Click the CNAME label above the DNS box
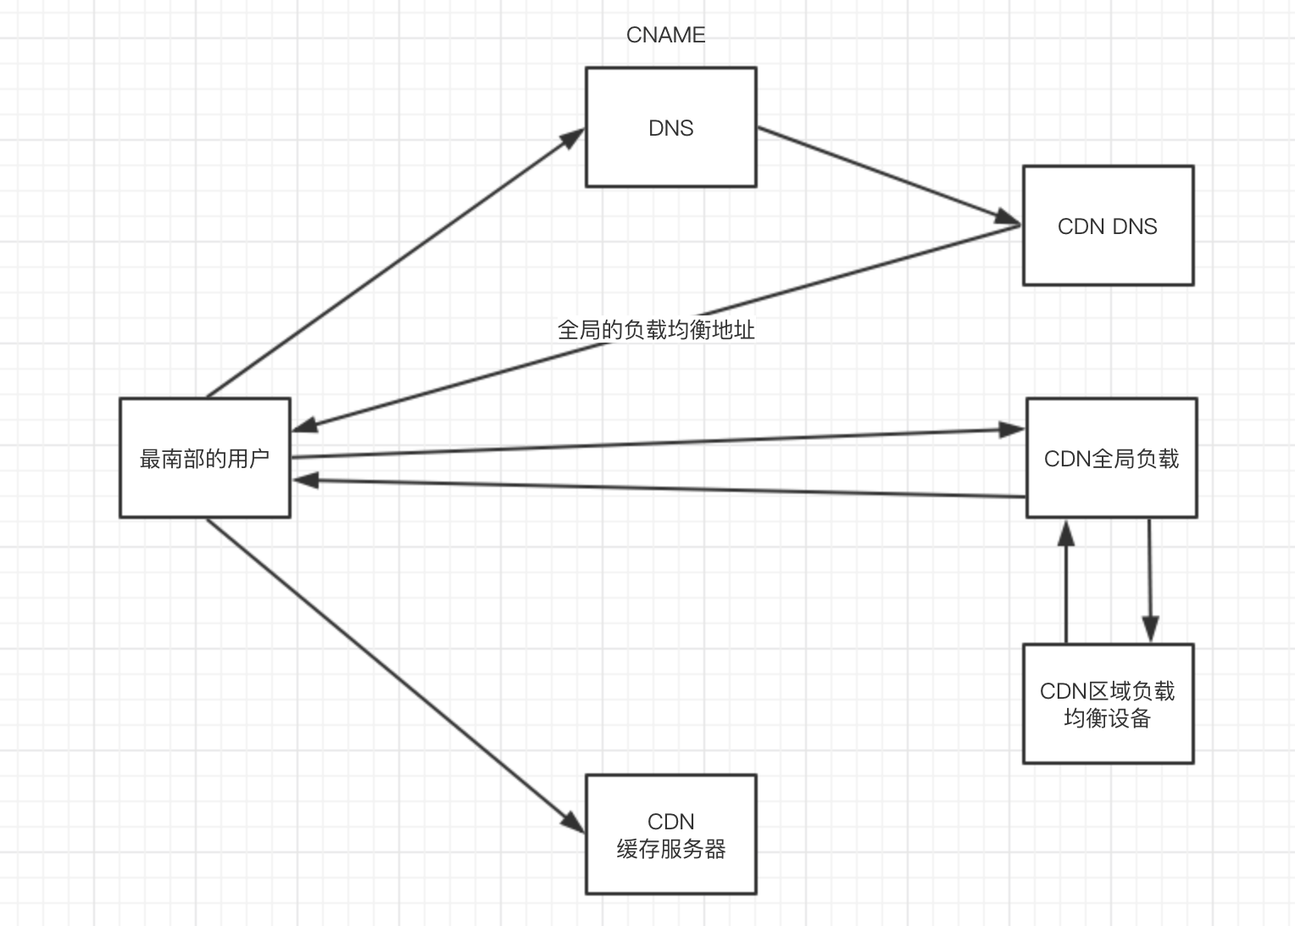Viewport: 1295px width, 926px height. point(665,35)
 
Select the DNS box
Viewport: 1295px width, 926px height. point(670,127)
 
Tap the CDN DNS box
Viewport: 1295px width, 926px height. point(1108,226)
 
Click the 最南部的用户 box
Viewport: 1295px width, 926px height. point(205,458)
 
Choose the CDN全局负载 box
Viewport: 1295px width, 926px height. point(1111,458)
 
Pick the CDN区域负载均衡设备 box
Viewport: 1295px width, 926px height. point(1108,704)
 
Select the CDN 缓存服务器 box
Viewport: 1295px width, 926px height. point(670,834)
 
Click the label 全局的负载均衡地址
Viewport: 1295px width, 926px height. point(656,330)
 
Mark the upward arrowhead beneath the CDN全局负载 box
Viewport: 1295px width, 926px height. point(1066,533)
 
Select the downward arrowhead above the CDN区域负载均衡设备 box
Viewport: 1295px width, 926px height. point(1150,629)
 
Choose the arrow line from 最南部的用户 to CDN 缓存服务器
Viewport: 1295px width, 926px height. point(390,670)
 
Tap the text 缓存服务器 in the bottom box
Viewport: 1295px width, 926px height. point(670,849)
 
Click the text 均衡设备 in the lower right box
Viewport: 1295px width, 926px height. point(1108,718)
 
